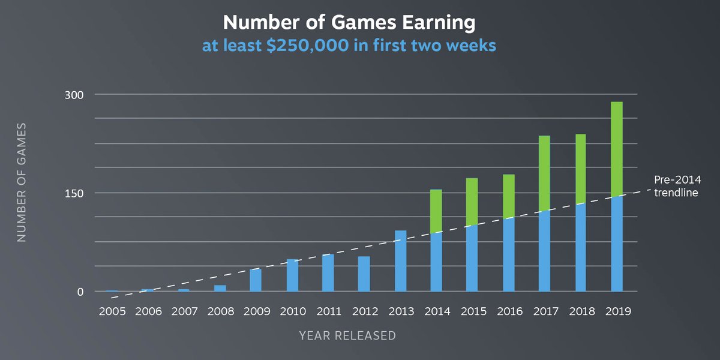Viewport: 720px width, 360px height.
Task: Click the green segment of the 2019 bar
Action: [x=616, y=149]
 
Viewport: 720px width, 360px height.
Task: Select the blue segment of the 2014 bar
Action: [x=436, y=262]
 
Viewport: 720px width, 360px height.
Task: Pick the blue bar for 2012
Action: [x=364, y=274]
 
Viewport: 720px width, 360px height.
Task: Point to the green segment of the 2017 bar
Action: [x=544, y=173]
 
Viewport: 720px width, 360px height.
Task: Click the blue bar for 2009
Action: [x=256, y=280]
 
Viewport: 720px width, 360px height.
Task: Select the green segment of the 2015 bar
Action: [x=472, y=202]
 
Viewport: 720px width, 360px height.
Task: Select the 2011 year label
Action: [x=328, y=312]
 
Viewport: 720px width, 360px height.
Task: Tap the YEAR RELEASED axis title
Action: [x=347, y=335]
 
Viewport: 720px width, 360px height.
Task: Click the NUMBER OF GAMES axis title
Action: [x=22, y=182]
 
